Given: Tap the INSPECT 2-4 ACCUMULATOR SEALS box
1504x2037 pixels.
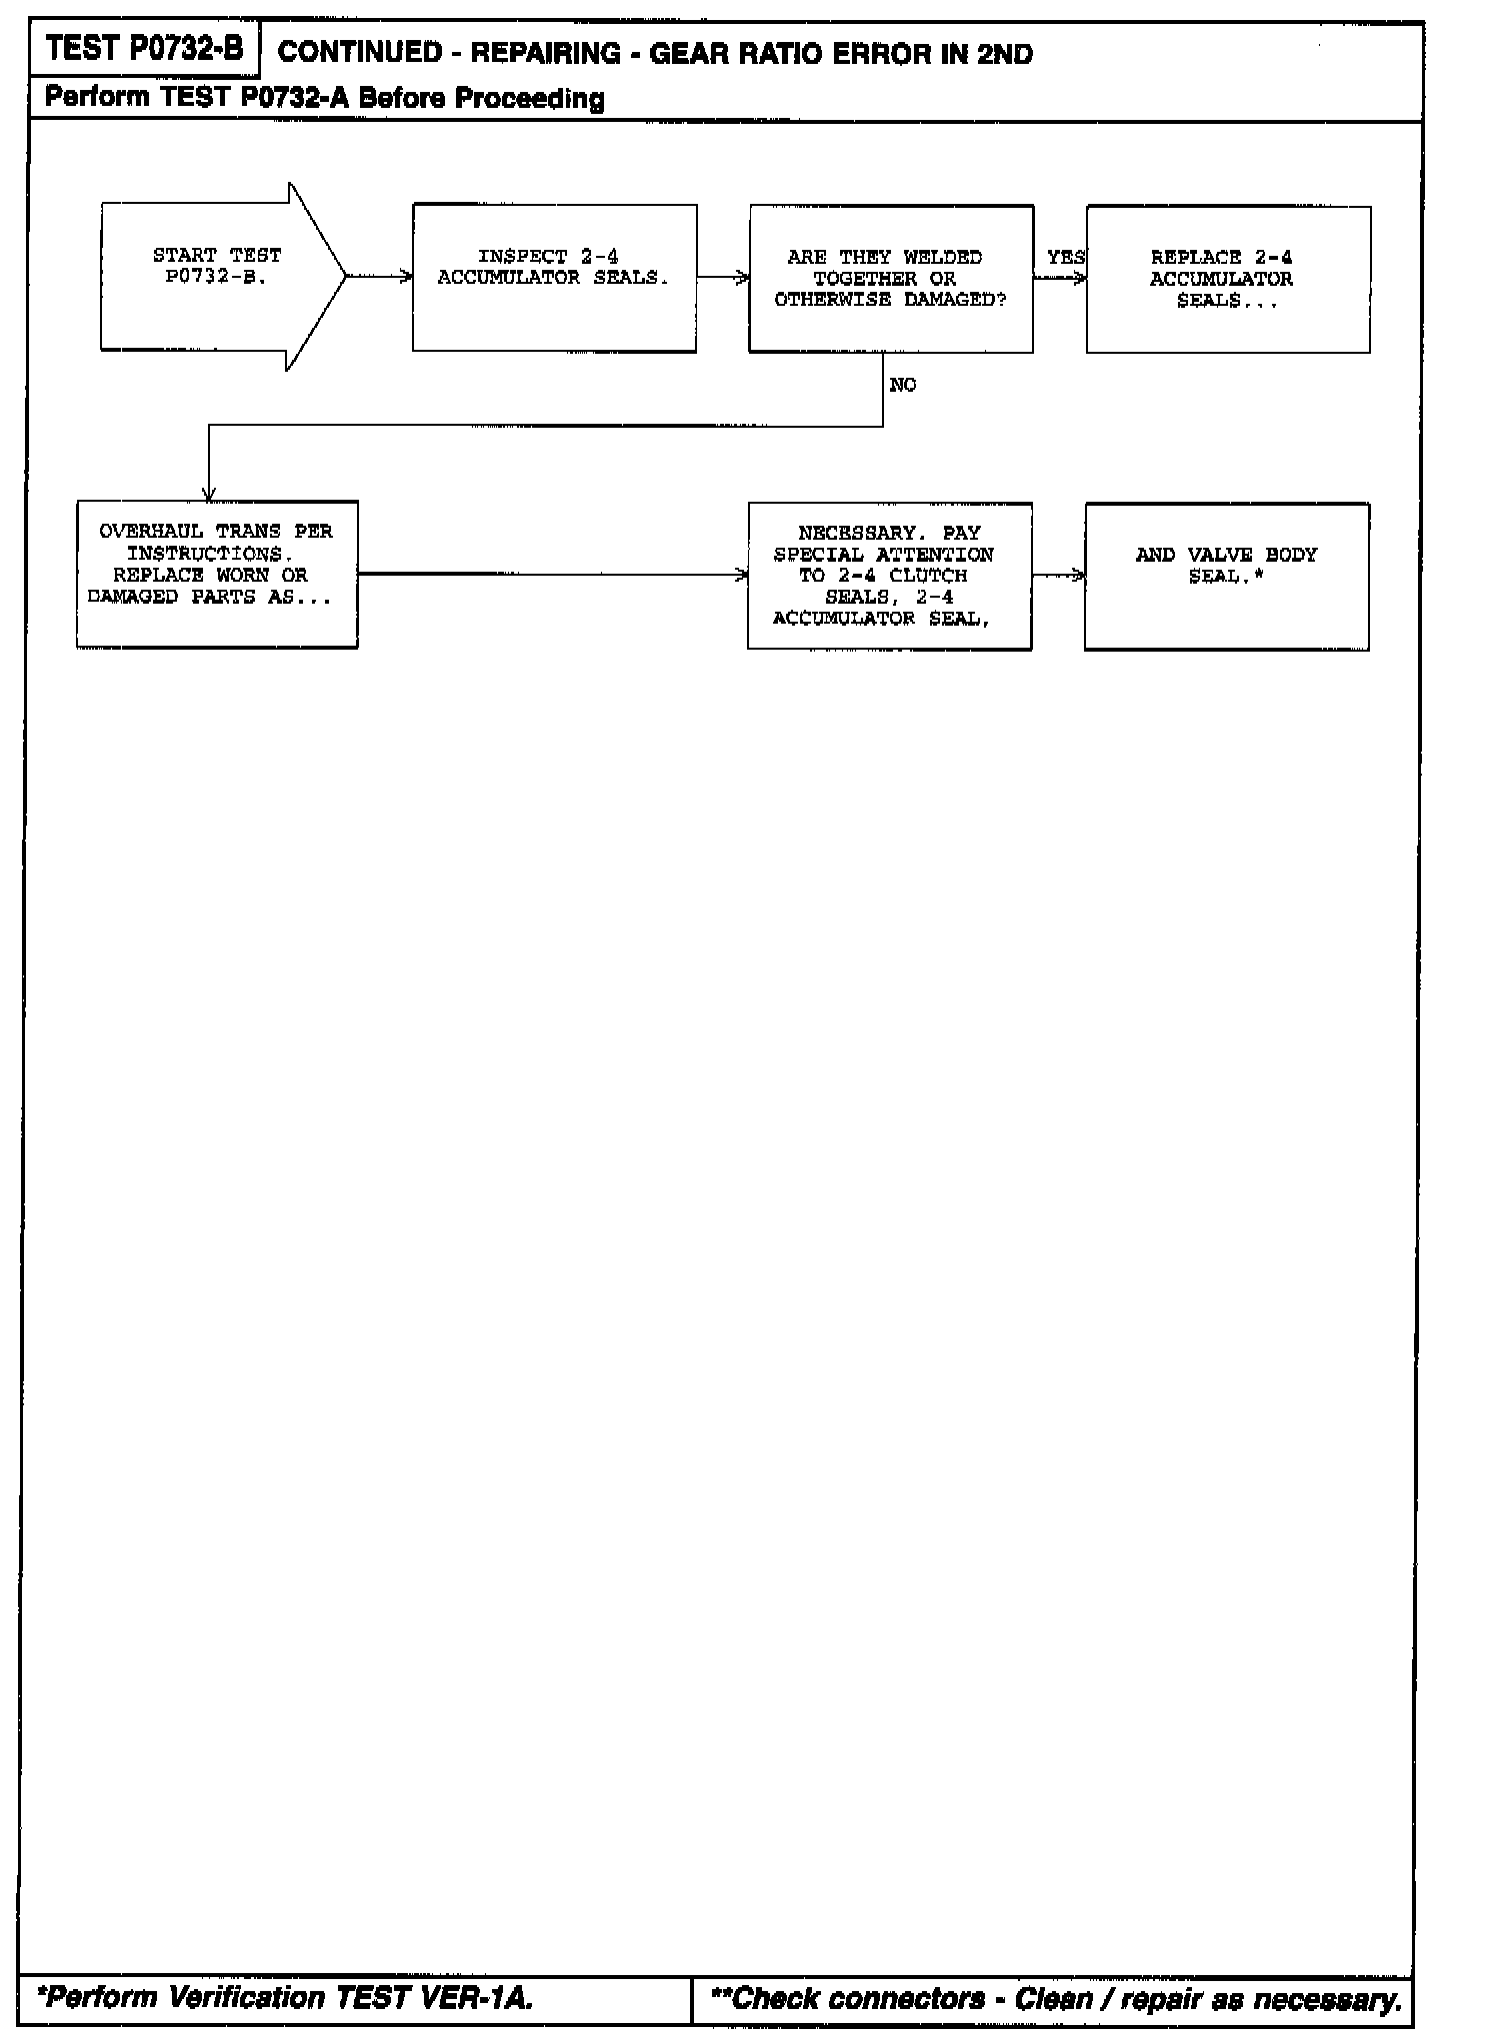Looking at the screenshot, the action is click(554, 278).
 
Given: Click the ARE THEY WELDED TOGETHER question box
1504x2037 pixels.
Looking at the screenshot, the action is click(890, 279).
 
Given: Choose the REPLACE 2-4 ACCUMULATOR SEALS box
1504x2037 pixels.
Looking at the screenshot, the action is click(1227, 280).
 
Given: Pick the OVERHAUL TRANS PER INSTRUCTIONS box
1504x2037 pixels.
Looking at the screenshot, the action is click(217, 574).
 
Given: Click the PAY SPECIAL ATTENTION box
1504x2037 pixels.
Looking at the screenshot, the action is click(889, 576).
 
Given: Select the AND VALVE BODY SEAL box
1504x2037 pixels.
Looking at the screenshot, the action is click(1226, 576).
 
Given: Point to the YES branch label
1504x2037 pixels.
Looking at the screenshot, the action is click(1064, 258).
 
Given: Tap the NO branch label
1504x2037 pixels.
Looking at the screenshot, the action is click(902, 386).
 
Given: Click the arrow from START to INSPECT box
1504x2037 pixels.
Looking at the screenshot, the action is click(379, 277).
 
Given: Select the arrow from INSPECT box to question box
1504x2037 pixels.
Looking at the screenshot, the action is click(722, 278).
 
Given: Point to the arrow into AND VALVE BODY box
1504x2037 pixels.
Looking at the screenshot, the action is click(1058, 576).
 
